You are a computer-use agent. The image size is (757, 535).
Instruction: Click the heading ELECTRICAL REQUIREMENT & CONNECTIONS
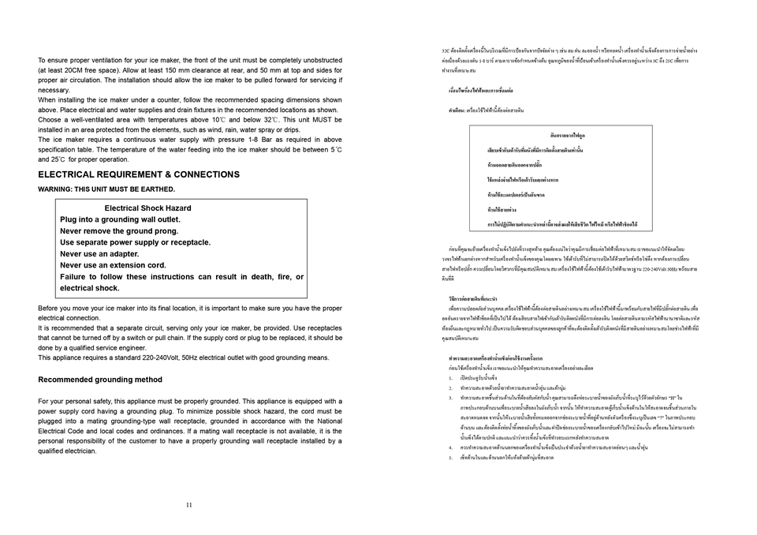[139, 174]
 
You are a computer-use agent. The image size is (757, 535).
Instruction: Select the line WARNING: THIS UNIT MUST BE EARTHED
[106, 189]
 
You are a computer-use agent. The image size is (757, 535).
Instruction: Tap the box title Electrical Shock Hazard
[147, 208]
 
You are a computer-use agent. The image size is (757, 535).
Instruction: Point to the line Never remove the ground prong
[119, 231]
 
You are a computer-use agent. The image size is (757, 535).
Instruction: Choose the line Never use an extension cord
[113, 266]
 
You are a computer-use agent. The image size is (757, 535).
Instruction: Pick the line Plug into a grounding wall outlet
[120, 219]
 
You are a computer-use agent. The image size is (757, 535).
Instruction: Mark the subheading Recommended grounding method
[100, 380]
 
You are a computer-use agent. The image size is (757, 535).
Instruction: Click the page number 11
[189, 505]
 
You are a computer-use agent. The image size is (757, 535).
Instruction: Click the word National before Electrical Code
[326, 421]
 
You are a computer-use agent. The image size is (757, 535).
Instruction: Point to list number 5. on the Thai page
[447, 457]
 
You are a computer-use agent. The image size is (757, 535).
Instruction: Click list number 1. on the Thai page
[447, 378]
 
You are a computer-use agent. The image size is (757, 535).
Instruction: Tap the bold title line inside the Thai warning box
[562, 135]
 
